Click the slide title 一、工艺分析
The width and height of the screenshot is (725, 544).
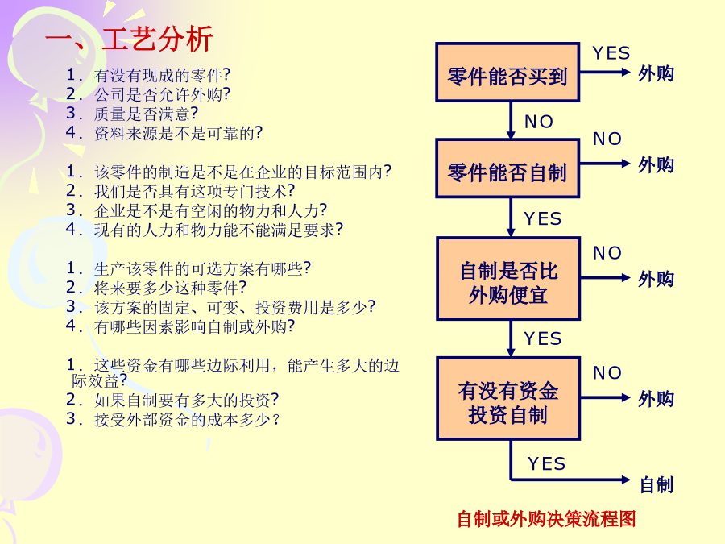pyautogui.click(x=129, y=39)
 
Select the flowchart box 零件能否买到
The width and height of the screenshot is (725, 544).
pyautogui.click(x=507, y=73)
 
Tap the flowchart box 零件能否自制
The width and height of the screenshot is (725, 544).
pyautogui.click(x=507, y=168)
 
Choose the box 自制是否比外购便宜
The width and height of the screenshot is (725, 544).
pyautogui.click(x=508, y=279)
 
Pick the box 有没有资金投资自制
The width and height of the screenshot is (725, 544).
pyautogui.click(x=508, y=398)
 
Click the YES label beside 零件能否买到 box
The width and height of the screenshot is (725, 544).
pyautogui.click(x=611, y=53)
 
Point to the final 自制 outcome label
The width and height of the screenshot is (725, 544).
pyautogui.click(x=657, y=485)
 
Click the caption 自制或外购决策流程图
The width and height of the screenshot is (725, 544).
pyautogui.click(x=546, y=518)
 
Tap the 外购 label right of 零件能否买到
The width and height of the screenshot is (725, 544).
pyautogui.click(x=656, y=73)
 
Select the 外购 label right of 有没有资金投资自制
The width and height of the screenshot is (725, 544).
pyautogui.click(x=656, y=399)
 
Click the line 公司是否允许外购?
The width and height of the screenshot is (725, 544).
pyautogui.click(x=148, y=94)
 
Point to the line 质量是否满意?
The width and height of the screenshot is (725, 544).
pyautogui.click(x=132, y=114)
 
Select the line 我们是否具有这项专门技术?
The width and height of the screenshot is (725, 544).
pyautogui.click(x=180, y=191)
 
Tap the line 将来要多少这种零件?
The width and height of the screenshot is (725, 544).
pyautogui.click(x=156, y=288)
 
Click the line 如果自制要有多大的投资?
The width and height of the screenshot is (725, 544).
pyautogui.click(x=172, y=400)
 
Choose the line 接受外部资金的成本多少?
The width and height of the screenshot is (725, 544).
pyautogui.click(x=172, y=419)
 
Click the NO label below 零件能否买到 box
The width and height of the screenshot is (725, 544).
pyautogui.click(x=539, y=122)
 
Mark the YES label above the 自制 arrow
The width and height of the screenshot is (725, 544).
pyautogui.click(x=546, y=463)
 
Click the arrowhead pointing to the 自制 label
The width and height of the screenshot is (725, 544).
pyautogui.click(x=626, y=480)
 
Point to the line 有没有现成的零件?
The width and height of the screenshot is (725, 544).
pyautogui.click(x=148, y=75)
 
